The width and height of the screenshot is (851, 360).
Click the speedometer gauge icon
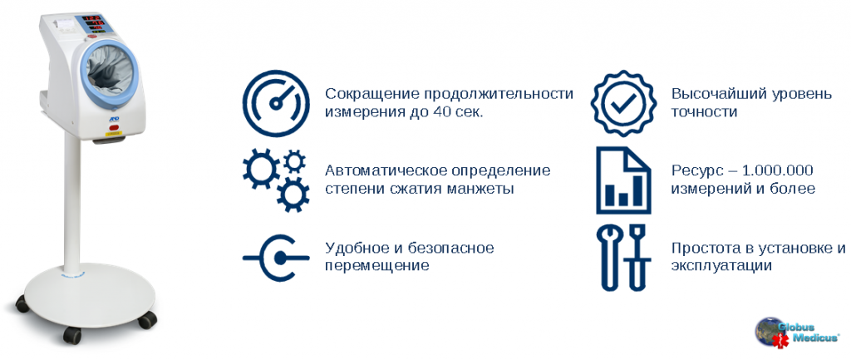(x=276, y=103)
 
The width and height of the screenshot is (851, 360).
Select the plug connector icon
(x=276, y=259)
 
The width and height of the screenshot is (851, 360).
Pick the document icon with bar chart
(x=623, y=180)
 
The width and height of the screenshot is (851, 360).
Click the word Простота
(x=703, y=249)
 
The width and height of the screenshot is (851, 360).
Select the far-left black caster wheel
(x=22, y=303)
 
